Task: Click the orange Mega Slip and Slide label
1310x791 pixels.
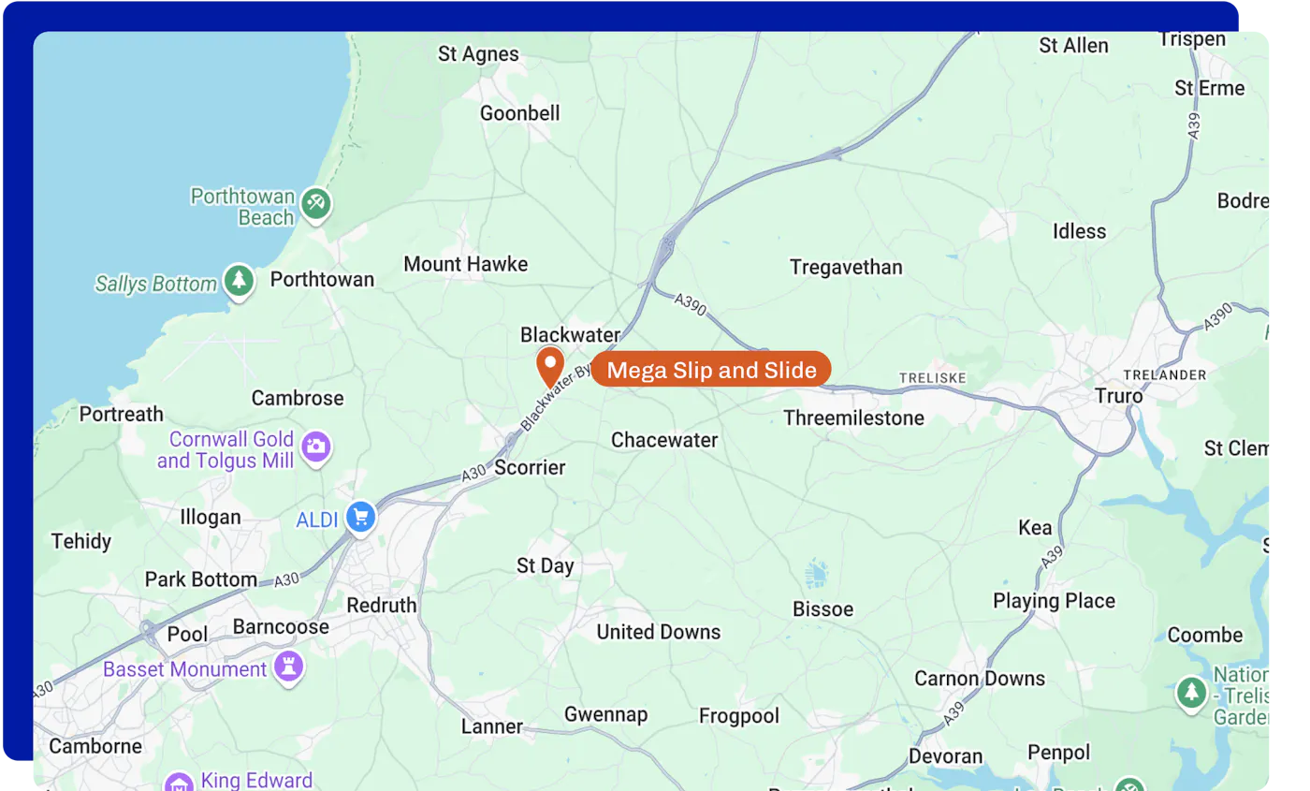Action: pos(711,370)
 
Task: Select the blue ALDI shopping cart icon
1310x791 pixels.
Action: pos(360,517)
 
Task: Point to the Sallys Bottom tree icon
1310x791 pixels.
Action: pos(240,281)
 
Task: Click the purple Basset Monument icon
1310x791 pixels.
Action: pos(288,668)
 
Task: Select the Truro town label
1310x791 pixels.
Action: pos(1119,396)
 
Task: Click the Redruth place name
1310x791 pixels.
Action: pos(381,605)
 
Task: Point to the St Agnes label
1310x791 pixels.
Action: pos(478,54)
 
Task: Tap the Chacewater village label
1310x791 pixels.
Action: pos(664,440)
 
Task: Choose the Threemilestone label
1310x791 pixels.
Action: pos(853,417)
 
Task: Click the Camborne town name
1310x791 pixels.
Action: pos(95,746)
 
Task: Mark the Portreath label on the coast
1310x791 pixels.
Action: pos(121,414)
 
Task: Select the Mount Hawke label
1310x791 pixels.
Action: pos(465,264)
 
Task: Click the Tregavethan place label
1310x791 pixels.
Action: pos(846,267)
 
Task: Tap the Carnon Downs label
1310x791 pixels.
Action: pos(980,678)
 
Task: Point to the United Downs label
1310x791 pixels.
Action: pos(659,632)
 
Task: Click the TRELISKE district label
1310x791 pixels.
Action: pos(931,378)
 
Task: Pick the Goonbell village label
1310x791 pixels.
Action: pos(519,113)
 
